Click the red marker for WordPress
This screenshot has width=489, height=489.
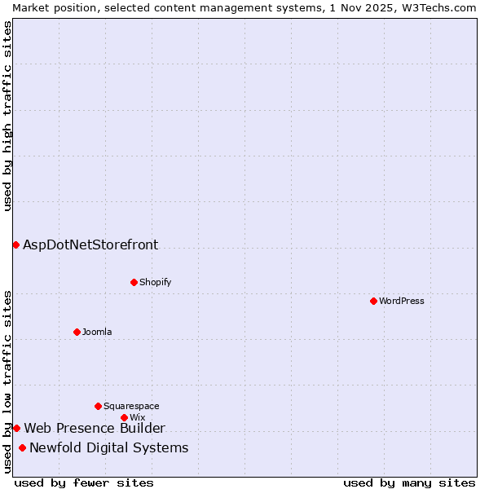point(373,302)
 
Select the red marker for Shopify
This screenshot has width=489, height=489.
point(134,283)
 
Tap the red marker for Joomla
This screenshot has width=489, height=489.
point(77,332)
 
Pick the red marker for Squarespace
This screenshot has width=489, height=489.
point(98,406)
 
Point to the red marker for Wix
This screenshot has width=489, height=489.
point(124,418)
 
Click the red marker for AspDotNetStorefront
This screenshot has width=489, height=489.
point(15,244)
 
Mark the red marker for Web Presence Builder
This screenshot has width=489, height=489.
point(16,428)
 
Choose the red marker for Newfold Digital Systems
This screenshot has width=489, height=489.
point(22,447)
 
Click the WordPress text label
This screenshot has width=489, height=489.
point(402,302)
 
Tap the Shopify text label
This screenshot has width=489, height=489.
point(156,283)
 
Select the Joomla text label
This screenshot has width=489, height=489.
point(97,332)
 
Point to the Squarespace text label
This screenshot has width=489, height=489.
point(131,406)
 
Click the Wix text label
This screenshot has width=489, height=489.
point(137,418)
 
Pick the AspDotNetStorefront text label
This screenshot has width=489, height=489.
point(90,244)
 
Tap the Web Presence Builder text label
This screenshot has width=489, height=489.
point(95,428)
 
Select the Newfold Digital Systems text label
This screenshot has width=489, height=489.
point(109,447)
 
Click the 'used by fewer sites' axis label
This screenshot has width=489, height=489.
point(84,482)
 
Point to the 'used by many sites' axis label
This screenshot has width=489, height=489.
point(409,482)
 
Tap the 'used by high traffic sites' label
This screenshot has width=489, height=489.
point(7,116)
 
